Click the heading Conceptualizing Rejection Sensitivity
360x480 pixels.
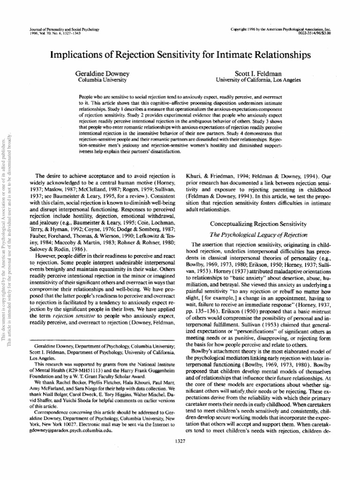point(258,224)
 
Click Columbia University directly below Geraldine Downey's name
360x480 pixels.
point(97,80)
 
